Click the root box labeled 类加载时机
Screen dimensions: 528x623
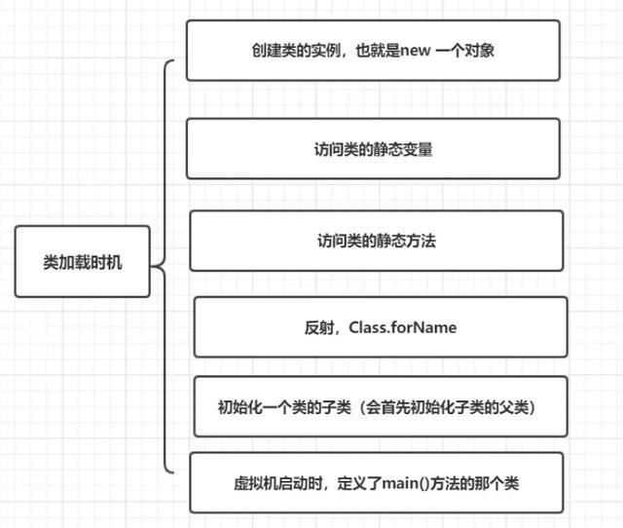pos(83,261)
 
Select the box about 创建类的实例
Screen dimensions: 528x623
pos(373,50)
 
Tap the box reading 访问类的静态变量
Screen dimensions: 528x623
pos(373,149)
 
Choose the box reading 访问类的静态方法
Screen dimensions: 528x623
pos(376,240)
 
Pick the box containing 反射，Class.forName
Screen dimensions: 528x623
pos(381,327)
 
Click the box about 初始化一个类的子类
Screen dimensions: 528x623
pos(380,406)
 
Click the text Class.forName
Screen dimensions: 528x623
pos(401,327)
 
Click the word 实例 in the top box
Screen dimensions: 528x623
pos(303,49)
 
